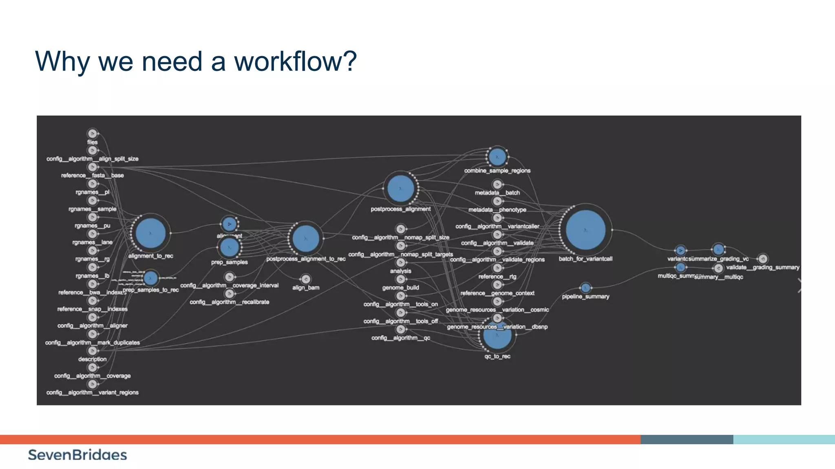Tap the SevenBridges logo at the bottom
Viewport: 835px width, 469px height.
point(77,455)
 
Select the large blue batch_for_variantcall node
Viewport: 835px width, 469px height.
point(585,230)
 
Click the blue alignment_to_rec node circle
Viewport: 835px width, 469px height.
point(150,233)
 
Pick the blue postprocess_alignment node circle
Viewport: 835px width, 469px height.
point(400,188)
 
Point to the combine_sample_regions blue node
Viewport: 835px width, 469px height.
point(497,157)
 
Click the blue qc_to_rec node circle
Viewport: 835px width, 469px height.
point(497,336)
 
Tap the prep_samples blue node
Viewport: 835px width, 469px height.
point(229,247)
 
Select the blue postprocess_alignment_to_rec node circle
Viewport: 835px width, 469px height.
point(305,239)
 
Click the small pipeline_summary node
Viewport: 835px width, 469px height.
point(585,288)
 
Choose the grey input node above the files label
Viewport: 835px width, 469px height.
point(93,134)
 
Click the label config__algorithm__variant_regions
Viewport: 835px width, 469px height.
point(93,392)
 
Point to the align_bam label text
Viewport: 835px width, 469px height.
point(306,287)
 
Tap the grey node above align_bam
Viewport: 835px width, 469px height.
point(305,279)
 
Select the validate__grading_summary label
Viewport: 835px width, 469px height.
point(762,267)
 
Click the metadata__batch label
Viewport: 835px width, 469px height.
point(497,193)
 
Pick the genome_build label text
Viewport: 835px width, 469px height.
point(400,287)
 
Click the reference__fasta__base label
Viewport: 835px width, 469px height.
point(93,175)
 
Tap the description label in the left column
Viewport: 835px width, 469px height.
point(93,359)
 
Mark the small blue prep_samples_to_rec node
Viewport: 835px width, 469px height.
point(150,278)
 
